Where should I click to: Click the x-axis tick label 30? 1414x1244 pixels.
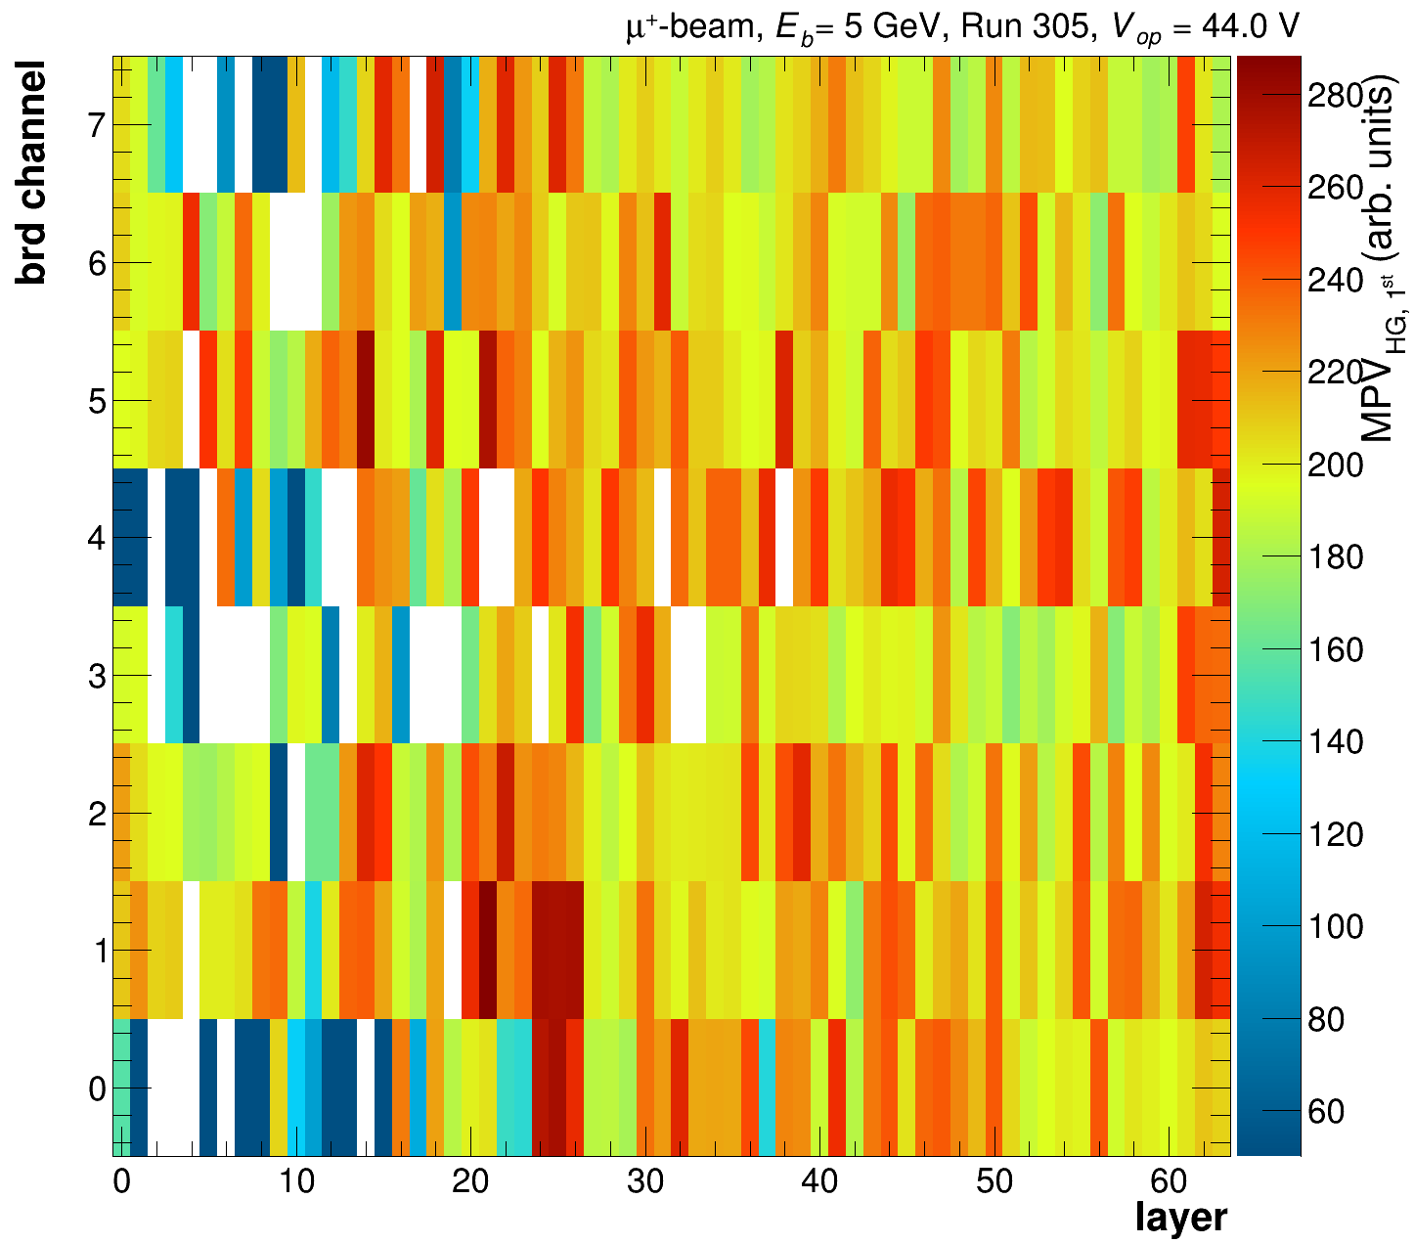pyautogui.click(x=645, y=1182)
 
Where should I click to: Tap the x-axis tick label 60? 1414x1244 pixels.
pyautogui.click(x=1170, y=1182)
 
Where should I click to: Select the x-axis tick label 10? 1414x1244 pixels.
pyautogui.click(x=296, y=1182)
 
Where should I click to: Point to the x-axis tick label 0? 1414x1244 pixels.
pyautogui.click(x=121, y=1182)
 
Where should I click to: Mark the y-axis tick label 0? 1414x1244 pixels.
pyautogui.click(x=95, y=1088)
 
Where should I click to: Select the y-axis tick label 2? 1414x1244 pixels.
pyautogui.click(x=95, y=814)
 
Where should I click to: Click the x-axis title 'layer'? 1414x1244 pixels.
pyautogui.click(x=1180, y=1219)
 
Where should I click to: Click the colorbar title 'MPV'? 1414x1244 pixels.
pyautogui.click(x=1376, y=401)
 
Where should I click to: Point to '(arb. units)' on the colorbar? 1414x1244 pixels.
pyautogui.click(x=1376, y=186)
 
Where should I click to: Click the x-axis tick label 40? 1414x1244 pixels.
pyautogui.click(x=820, y=1182)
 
